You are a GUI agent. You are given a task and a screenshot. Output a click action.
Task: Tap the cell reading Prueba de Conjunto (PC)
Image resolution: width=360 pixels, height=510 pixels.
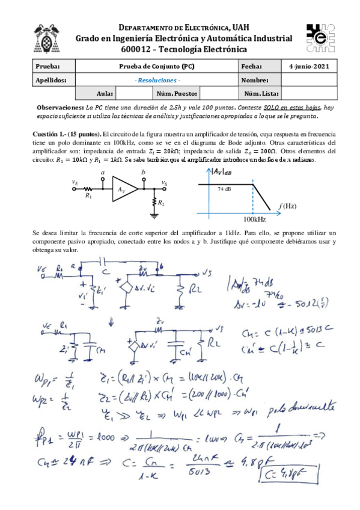(x=157, y=66)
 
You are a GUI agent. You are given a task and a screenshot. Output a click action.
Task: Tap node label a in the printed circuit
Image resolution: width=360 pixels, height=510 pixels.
(x=103, y=173)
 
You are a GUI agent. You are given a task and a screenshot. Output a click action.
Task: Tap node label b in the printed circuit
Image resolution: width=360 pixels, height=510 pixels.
(x=142, y=173)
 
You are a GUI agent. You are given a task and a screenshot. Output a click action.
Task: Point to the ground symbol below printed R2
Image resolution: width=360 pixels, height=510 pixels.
(x=154, y=215)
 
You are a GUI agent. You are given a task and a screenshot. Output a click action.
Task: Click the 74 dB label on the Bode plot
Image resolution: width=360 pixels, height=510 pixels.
(x=223, y=188)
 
